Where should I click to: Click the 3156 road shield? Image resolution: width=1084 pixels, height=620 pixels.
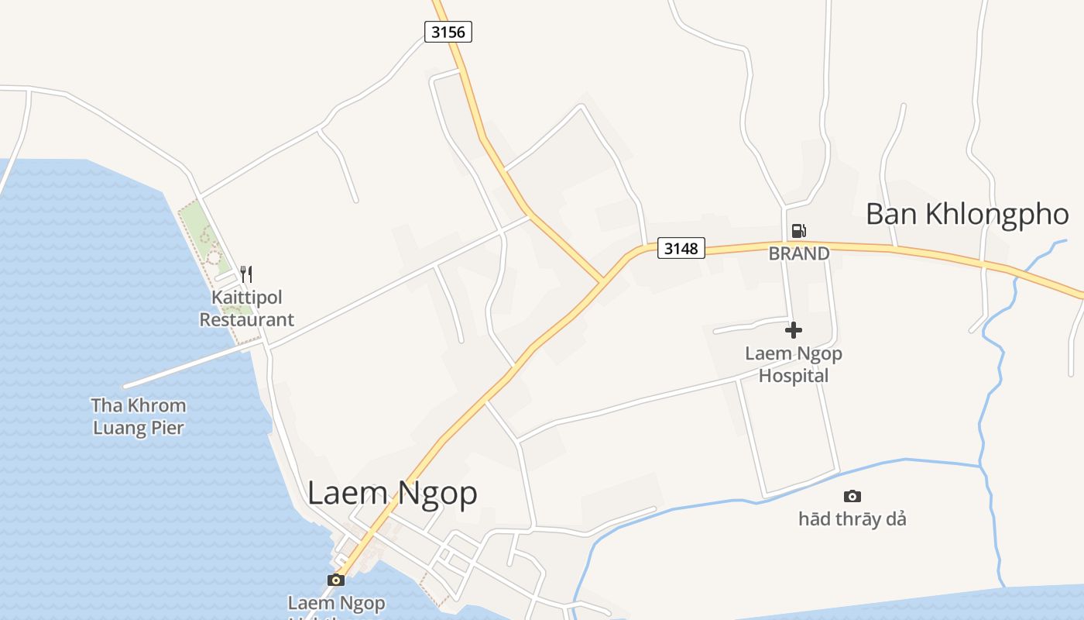coord(448,32)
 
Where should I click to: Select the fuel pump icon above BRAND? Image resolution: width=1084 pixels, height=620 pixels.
coord(798,230)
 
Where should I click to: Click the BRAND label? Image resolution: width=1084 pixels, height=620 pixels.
coord(799,253)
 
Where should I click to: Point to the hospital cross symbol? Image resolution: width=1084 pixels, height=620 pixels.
coord(794,330)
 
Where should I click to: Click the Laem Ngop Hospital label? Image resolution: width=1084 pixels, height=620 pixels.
coord(794,364)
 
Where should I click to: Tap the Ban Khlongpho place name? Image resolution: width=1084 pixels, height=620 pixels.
coord(967,214)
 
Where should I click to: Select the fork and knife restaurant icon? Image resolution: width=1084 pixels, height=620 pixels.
coord(246,274)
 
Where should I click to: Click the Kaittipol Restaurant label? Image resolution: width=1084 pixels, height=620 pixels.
coord(247,308)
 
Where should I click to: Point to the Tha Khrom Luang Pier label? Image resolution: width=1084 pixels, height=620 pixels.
coord(139,416)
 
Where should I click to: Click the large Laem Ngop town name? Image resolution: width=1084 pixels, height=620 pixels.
coord(392,493)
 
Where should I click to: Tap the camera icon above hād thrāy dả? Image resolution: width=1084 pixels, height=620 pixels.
coord(852,496)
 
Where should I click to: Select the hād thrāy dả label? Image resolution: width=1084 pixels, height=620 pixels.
coord(852,518)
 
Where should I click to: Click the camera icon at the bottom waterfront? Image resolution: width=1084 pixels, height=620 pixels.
coord(336,580)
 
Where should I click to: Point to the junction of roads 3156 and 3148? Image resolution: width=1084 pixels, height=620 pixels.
coord(602,281)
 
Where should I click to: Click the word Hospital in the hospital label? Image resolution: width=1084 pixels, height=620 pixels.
coord(794,376)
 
